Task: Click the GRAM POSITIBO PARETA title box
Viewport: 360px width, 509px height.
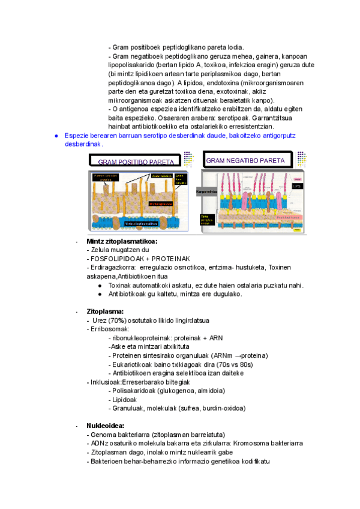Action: pyautogui.click(x=136, y=161)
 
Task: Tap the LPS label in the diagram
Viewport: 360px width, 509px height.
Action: pyautogui.click(x=296, y=187)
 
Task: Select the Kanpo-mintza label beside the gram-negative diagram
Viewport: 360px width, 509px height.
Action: pyautogui.click(x=206, y=191)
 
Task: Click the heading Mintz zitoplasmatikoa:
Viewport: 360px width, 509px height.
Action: pyautogui.click(x=122, y=241)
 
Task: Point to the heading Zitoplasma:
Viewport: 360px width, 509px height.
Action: pyautogui.click(x=105, y=312)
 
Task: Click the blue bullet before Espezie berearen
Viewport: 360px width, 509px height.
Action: pyautogui.click(x=56, y=136)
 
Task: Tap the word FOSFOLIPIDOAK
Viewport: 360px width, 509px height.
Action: pyautogui.click(x=113, y=259)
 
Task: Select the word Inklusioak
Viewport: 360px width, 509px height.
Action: pyautogui.click(x=106, y=382)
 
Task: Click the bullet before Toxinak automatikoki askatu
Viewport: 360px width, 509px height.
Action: pyautogui.click(x=100, y=285)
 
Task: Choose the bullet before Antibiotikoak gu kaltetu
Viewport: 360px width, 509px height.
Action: pyautogui.click(x=100, y=294)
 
